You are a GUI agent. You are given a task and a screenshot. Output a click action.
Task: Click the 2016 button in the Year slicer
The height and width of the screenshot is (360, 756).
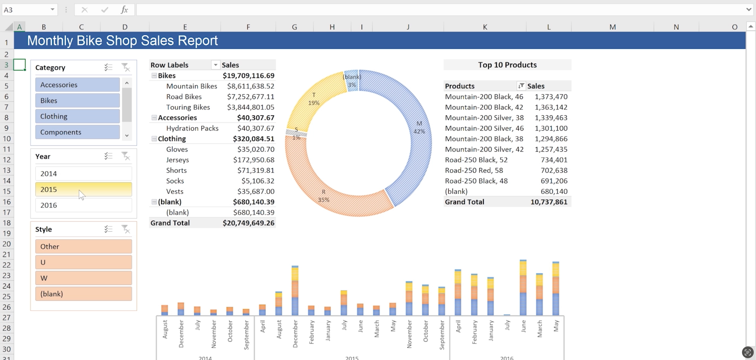coord(83,205)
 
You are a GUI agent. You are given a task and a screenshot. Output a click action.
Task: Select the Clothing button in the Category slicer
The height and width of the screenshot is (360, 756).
coord(77,116)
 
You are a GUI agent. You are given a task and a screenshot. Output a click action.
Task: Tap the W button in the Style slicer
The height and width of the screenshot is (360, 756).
coord(83,278)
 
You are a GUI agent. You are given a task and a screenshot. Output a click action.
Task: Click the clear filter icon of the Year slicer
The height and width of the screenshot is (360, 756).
coord(126,156)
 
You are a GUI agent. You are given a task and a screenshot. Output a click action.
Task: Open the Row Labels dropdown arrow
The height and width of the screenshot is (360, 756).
coord(215,65)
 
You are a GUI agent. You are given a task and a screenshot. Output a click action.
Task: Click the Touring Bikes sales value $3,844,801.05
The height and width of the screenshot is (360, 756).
coord(250,107)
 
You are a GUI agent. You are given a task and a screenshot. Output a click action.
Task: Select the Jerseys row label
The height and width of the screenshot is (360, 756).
coord(177,160)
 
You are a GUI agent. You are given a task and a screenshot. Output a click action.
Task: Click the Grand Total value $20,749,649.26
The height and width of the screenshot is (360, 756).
coord(248,223)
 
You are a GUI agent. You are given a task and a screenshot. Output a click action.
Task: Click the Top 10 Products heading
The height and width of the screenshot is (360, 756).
coord(507,65)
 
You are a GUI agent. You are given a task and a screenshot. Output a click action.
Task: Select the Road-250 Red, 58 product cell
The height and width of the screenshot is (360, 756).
coord(474,170)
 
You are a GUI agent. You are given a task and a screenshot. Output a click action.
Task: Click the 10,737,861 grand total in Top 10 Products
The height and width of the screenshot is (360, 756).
coord(549,202)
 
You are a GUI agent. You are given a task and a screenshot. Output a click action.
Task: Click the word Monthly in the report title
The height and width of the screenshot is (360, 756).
coord(50,40)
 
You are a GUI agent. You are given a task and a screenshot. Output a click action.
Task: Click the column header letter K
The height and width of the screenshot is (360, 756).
coord(485,27)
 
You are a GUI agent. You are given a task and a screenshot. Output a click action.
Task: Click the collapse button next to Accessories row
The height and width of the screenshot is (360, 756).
coord(154,117)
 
